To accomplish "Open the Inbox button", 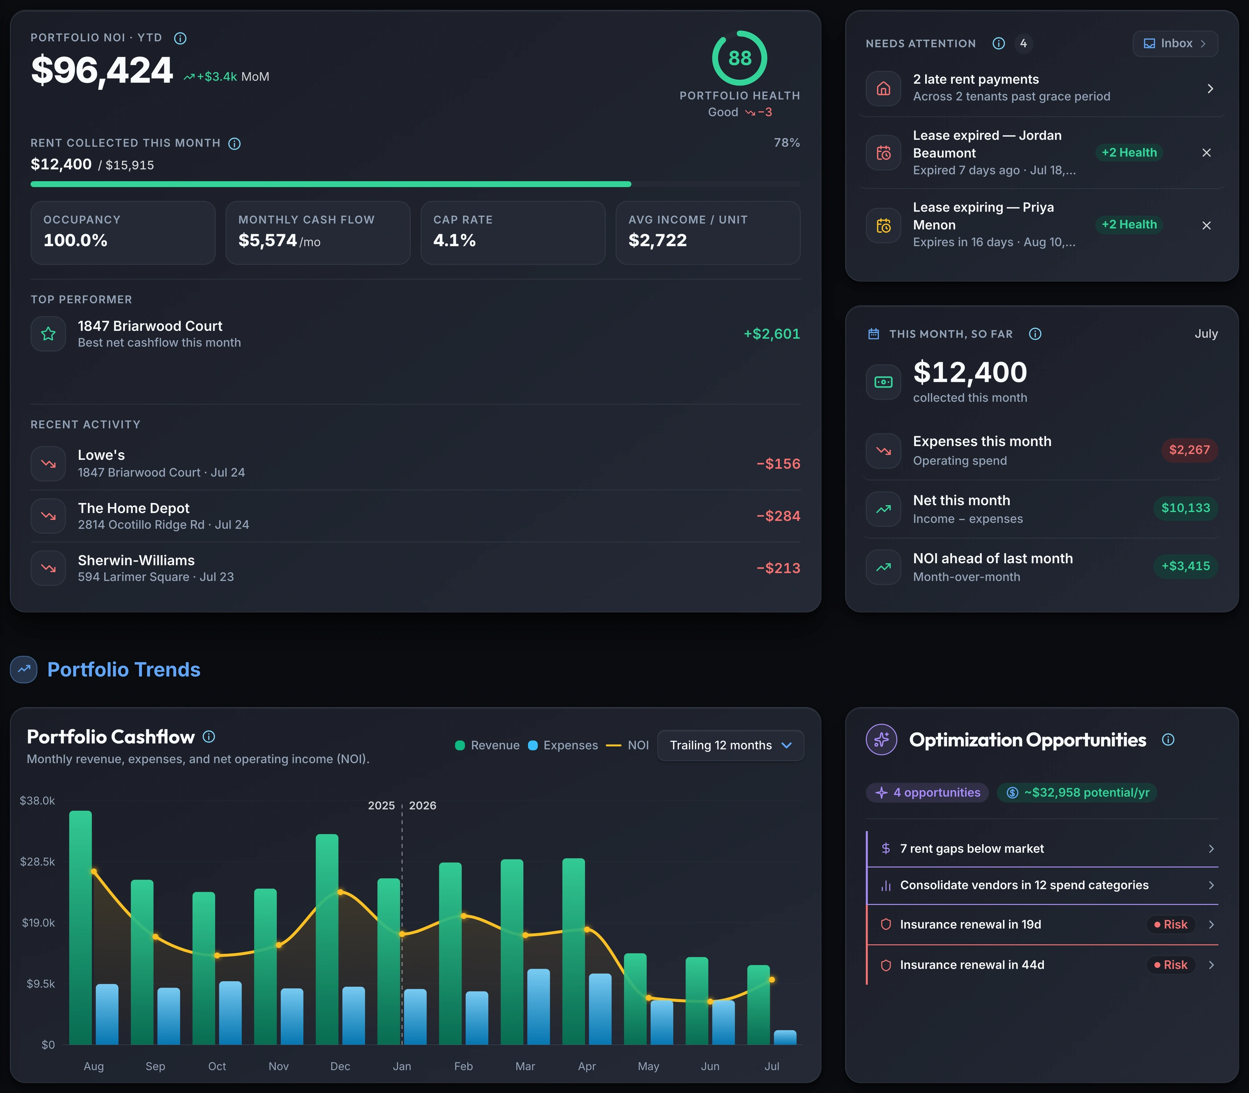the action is (x=1175, y=43).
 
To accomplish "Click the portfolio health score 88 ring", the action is (x=740, y=33).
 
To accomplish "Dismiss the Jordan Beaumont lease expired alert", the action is (x=1206, y=153).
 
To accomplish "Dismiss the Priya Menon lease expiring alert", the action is (x=1206, y=225).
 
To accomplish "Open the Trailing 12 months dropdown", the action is (x=730, y=745).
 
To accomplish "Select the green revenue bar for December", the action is (x=327, y=939).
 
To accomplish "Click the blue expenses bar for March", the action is (x=538, y=1006).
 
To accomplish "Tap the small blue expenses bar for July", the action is (x=785, y=1038).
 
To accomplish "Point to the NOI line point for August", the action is (x=93, y=871).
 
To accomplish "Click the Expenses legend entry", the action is (x=563, y=745).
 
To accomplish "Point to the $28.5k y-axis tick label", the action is (x=37, y=861).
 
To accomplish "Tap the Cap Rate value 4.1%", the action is (x=455, y=240).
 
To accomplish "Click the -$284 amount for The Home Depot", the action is (x=778, y=516).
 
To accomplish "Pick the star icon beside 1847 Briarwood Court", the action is (x=48, y=334).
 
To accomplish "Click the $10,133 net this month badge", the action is (x=1186, y=508).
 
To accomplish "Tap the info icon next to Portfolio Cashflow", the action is (x=209, y=737).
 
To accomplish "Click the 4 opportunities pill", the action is (x=927, y=792).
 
